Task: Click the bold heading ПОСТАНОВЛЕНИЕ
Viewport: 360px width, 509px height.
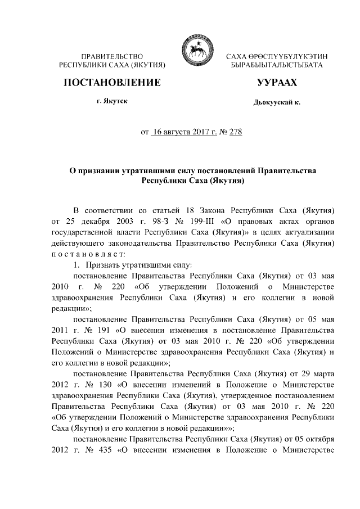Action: point(112,83)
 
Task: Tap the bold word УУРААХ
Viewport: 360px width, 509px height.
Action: point(276,83)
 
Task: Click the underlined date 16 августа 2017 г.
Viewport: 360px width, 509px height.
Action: point(184,133)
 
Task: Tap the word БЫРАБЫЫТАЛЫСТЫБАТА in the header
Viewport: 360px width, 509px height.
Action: point(276,66)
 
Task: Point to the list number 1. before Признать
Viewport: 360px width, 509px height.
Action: point(77,264)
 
